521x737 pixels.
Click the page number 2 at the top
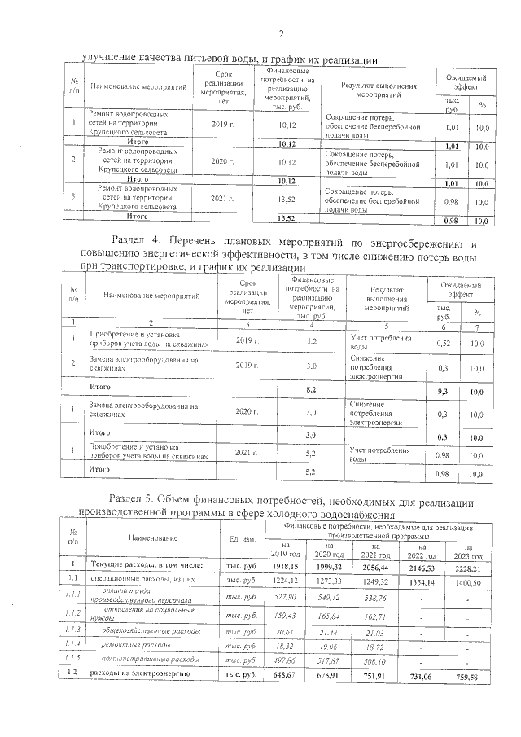281,34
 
